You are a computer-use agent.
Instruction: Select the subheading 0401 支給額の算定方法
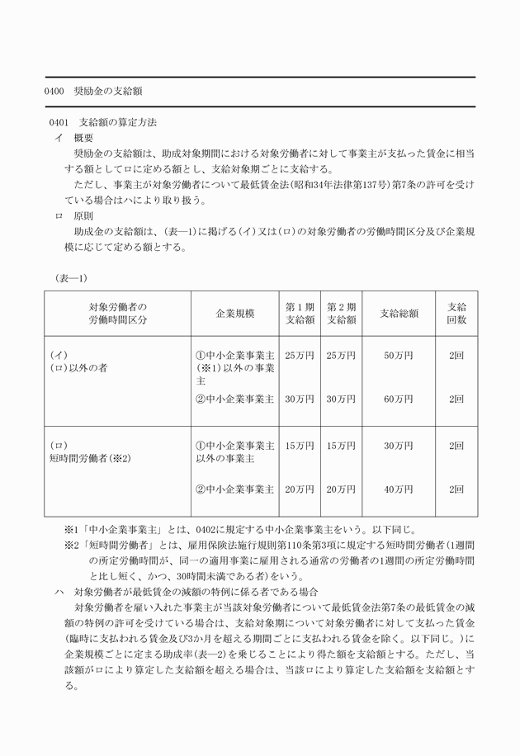point(103,122)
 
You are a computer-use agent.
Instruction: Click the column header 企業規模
point(234,314)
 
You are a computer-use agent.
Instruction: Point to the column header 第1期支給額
point(300,314)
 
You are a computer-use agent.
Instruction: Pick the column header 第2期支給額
point(341,314)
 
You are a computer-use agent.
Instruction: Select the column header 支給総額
point(399,314)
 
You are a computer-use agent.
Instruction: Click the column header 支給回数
point(456,314)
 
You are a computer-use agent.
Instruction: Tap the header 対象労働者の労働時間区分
point(117,314)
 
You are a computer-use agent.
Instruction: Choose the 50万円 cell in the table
point(399,356)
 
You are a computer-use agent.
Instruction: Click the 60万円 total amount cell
point(399,399)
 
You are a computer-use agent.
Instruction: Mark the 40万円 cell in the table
point(399,489)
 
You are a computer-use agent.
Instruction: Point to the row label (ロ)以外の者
point(79,368)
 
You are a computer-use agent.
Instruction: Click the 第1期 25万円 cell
point(300,356)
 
